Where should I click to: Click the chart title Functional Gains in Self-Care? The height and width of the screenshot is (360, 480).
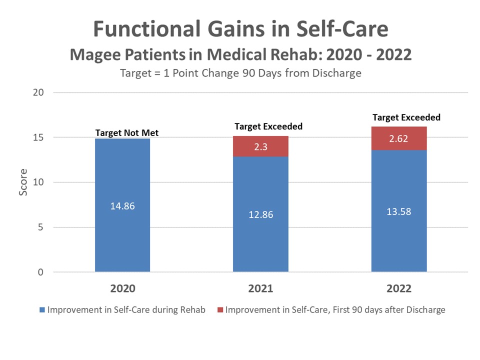(240, 29)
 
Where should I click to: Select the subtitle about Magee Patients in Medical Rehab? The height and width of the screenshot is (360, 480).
(240, 54)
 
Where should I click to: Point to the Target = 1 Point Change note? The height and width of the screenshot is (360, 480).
(240, 73)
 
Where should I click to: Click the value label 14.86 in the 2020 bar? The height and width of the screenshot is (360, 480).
(122, 205)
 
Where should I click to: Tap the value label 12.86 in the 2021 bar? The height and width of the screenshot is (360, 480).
(260, 214)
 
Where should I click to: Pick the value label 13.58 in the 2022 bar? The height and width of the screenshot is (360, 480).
(398, 211)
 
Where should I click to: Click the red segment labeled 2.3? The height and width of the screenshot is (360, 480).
(260, 146)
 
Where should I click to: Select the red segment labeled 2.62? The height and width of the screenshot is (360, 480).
(398, 138)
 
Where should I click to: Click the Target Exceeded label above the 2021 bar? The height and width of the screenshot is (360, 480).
(268, 126)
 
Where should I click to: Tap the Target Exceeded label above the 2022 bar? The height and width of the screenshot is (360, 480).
(406, 117)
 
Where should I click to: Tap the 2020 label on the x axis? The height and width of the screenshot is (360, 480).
(122, 289)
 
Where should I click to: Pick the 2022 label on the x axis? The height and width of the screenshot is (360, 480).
(398, 289)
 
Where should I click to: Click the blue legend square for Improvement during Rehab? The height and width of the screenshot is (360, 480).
(42, 310)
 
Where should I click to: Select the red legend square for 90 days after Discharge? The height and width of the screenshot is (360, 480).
(219, 310)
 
